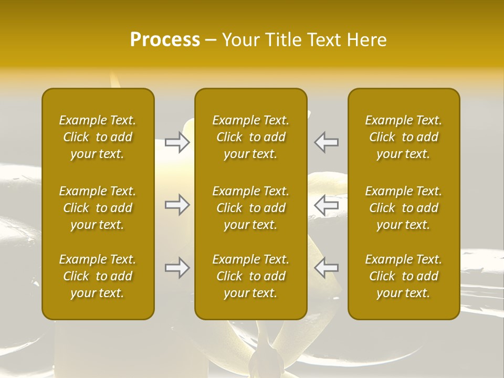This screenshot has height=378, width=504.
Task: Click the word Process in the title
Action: (x=165, y=40)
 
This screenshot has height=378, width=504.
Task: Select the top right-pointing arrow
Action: (x=177, y=142)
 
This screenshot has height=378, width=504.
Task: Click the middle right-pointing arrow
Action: (x=177, y=205)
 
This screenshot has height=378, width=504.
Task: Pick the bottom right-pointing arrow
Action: (x=177, y=268)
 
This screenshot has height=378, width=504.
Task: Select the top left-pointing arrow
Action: (x=327, y=142)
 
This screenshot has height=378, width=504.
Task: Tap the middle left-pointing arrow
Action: (x=327, y=205)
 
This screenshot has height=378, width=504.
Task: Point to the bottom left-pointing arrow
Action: (x=327, y=268)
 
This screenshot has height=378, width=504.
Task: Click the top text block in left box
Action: (x=98, y=137)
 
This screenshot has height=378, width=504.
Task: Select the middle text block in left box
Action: (x=98, y=208)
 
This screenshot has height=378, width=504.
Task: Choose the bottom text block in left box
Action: (x=98, y=276)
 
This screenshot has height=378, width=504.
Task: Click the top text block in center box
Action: (x=251, y=137)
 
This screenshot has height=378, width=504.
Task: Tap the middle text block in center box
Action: (x=251, y=208)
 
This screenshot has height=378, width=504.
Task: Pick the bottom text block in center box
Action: (x=251, y=276)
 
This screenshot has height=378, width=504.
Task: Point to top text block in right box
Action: (x=404, y=137)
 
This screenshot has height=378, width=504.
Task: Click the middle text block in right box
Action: (x=404, y=208)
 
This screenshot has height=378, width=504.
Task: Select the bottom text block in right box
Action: (x=404, y=276)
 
